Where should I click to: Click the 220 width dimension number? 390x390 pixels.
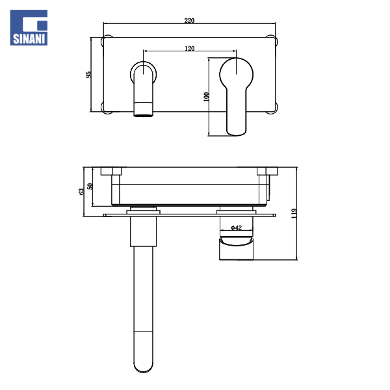189,21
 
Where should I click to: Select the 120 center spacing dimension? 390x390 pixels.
189,48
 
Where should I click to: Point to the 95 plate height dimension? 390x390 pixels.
89,75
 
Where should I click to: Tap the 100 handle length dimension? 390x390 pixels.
207,96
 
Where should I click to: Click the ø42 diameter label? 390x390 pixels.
236,227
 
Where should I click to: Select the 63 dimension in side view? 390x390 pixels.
81,191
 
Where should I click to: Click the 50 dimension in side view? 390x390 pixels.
91,186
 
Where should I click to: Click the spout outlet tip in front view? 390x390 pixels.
144,110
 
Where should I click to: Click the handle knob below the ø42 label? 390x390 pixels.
236,248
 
